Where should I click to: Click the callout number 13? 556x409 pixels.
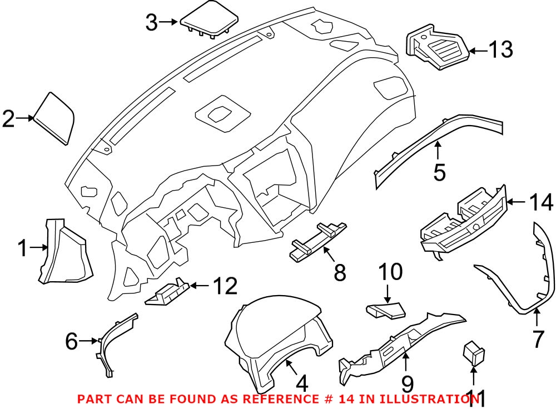tap(500, 51)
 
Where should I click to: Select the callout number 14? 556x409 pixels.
tap(540, 202)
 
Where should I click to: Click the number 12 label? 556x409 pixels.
tap(225, 286)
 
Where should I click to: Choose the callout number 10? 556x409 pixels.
tap(390, 272)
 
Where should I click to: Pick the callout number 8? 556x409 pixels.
tap(340, 273)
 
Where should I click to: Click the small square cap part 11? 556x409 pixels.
tap(473, 353)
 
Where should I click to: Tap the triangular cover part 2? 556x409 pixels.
tap(56, 118)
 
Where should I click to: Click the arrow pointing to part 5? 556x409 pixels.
tap(438, 151)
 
